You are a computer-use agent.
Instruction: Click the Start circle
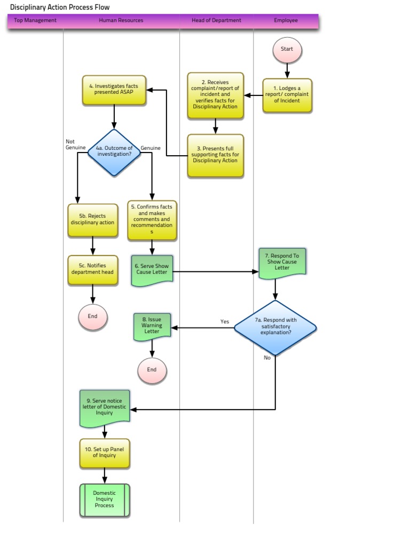[287, 49]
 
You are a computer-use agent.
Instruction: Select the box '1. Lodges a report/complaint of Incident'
[287, 95]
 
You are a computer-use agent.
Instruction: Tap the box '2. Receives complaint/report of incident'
[216, 95]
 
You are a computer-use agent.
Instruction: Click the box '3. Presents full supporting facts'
[216, 155]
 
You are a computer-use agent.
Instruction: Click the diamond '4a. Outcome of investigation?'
[114, 152]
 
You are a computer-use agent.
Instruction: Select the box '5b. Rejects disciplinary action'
[93, 219]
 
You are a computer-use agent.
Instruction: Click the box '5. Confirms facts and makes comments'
[152, 220]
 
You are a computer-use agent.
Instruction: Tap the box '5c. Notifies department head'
[93, 269]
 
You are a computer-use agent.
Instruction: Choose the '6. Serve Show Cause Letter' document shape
[152, 270]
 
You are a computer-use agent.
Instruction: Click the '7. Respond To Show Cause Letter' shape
[282, 262]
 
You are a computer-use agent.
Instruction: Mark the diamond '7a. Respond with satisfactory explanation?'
[275, 327]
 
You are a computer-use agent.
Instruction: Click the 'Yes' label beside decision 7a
[225, 322]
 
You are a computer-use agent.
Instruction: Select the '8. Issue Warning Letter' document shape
[152, 325]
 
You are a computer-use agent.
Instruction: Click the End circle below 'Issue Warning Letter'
[152, 370]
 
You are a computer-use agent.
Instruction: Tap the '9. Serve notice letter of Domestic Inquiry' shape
[105, 408]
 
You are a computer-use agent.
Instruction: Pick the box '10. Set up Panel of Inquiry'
[105, 453]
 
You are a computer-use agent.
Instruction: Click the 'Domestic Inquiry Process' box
[105, 500]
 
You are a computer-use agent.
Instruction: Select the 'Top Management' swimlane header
[35, 21]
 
